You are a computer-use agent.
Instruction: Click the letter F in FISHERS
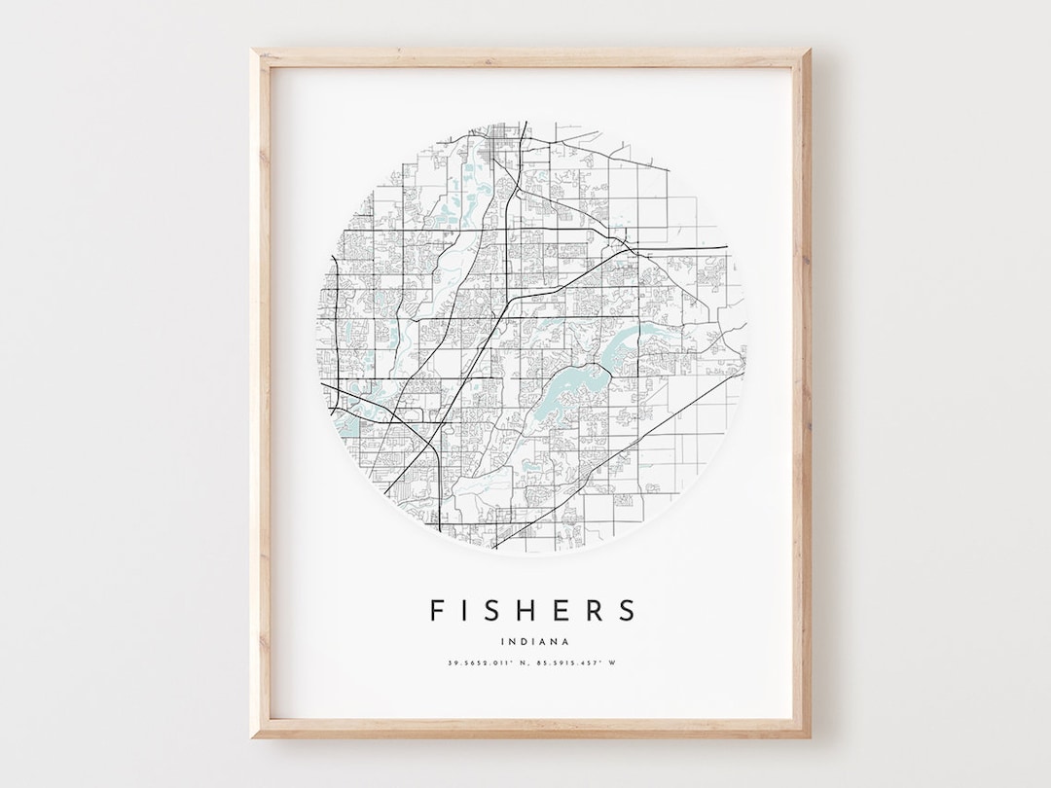[x=438, y=610]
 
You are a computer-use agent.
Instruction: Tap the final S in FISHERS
[x=627, y=610]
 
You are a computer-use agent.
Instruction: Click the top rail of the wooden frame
[x=530, y=57]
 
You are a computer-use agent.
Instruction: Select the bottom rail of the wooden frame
[x=530, y=729]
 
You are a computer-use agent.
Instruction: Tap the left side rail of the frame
[x=260, y=389]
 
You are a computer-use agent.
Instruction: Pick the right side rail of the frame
[x=802, y=389]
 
